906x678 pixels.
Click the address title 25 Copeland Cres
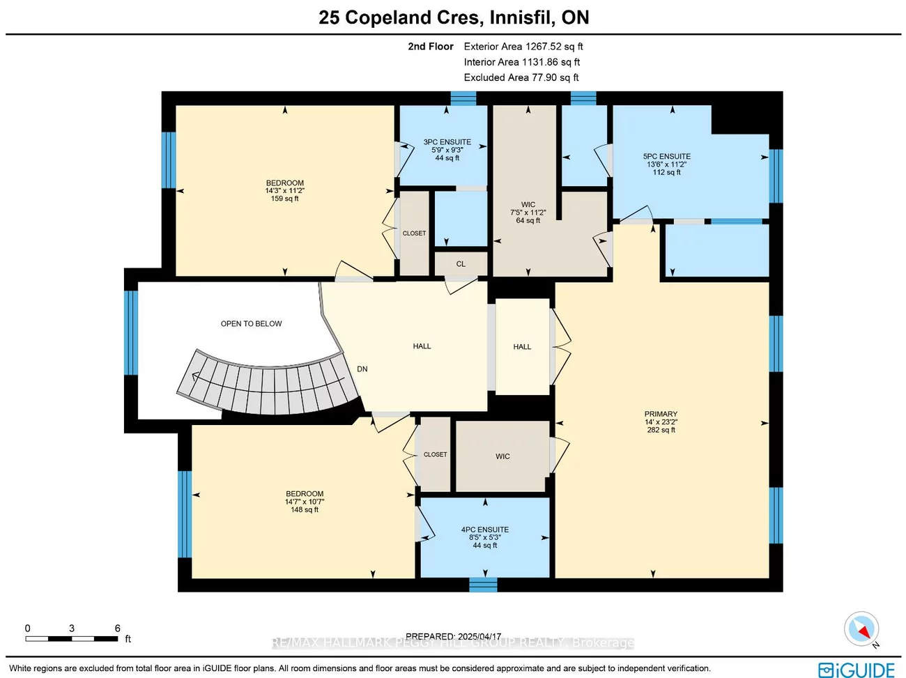click(454, 17)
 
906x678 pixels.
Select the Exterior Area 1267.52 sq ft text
click(523, 47)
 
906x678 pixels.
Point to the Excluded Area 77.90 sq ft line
click(521, 77)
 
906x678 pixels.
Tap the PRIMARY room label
click(661, 414)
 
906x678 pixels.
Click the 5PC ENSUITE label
click(666, 157)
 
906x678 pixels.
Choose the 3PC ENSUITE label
click(447, 142)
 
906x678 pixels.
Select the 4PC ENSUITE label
click(484, 530)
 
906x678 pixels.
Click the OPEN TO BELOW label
click(251, 324)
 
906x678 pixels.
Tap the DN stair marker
click(362, 369)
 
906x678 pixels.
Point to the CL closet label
click(461, 264)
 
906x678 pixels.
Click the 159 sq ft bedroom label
click(284, 191)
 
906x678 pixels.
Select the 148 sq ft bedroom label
click(304, 502)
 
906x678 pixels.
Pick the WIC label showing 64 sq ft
click(528, 213)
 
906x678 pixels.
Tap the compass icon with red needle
click(861, 629)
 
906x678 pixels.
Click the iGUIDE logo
click(857, 670)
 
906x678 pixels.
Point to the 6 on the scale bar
click(117, 629)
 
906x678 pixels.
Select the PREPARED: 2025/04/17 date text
click(453, 636)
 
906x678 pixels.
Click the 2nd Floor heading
click(430, 47)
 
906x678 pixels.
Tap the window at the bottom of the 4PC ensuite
click(483, 585)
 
